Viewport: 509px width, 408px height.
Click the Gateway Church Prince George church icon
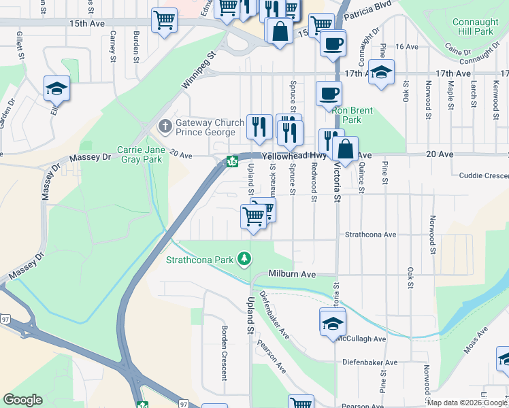click(x=165, y=126)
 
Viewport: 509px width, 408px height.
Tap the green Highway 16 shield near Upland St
click(x=232, y=162)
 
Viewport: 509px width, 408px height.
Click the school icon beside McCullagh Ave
click(x=331, y=322)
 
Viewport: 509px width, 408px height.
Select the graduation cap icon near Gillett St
click(x=57, y=89)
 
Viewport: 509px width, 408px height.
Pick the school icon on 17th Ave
click(x=382, y=72)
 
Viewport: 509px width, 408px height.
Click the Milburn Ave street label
click(x=292, y=274)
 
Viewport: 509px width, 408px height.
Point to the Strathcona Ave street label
click(x=370, y=235)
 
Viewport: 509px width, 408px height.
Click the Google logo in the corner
click(x=23, y=400)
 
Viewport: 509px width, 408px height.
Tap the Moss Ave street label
click(x=477, y=339)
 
